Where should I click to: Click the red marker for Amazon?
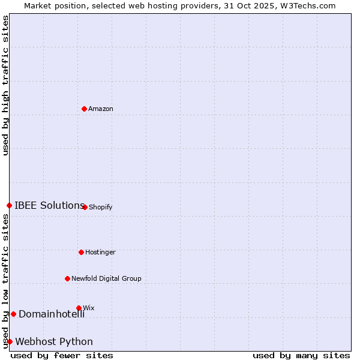pos(85,109)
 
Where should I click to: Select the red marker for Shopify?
pos(85,207)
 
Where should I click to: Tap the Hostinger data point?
pos(82,252)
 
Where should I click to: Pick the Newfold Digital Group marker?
pos(68,278)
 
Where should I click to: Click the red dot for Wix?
pos(79,308)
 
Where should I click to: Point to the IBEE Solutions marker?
pos(9,205)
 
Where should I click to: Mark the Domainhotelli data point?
pos(13,314)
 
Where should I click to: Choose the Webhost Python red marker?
pos(10,341)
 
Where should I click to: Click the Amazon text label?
pos(101,109)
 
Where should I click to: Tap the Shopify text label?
pos(101,208)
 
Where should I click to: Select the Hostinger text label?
pos(100,252)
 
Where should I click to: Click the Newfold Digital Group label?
pos(106,278)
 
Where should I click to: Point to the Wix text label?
pos(89,308)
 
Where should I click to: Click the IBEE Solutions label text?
pos(49,205)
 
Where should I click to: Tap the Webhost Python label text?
pos(54,342)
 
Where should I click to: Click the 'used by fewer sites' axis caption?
pos(62,355)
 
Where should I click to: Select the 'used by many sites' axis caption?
pos(301,355)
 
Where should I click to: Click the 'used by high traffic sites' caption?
pos(5,85)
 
